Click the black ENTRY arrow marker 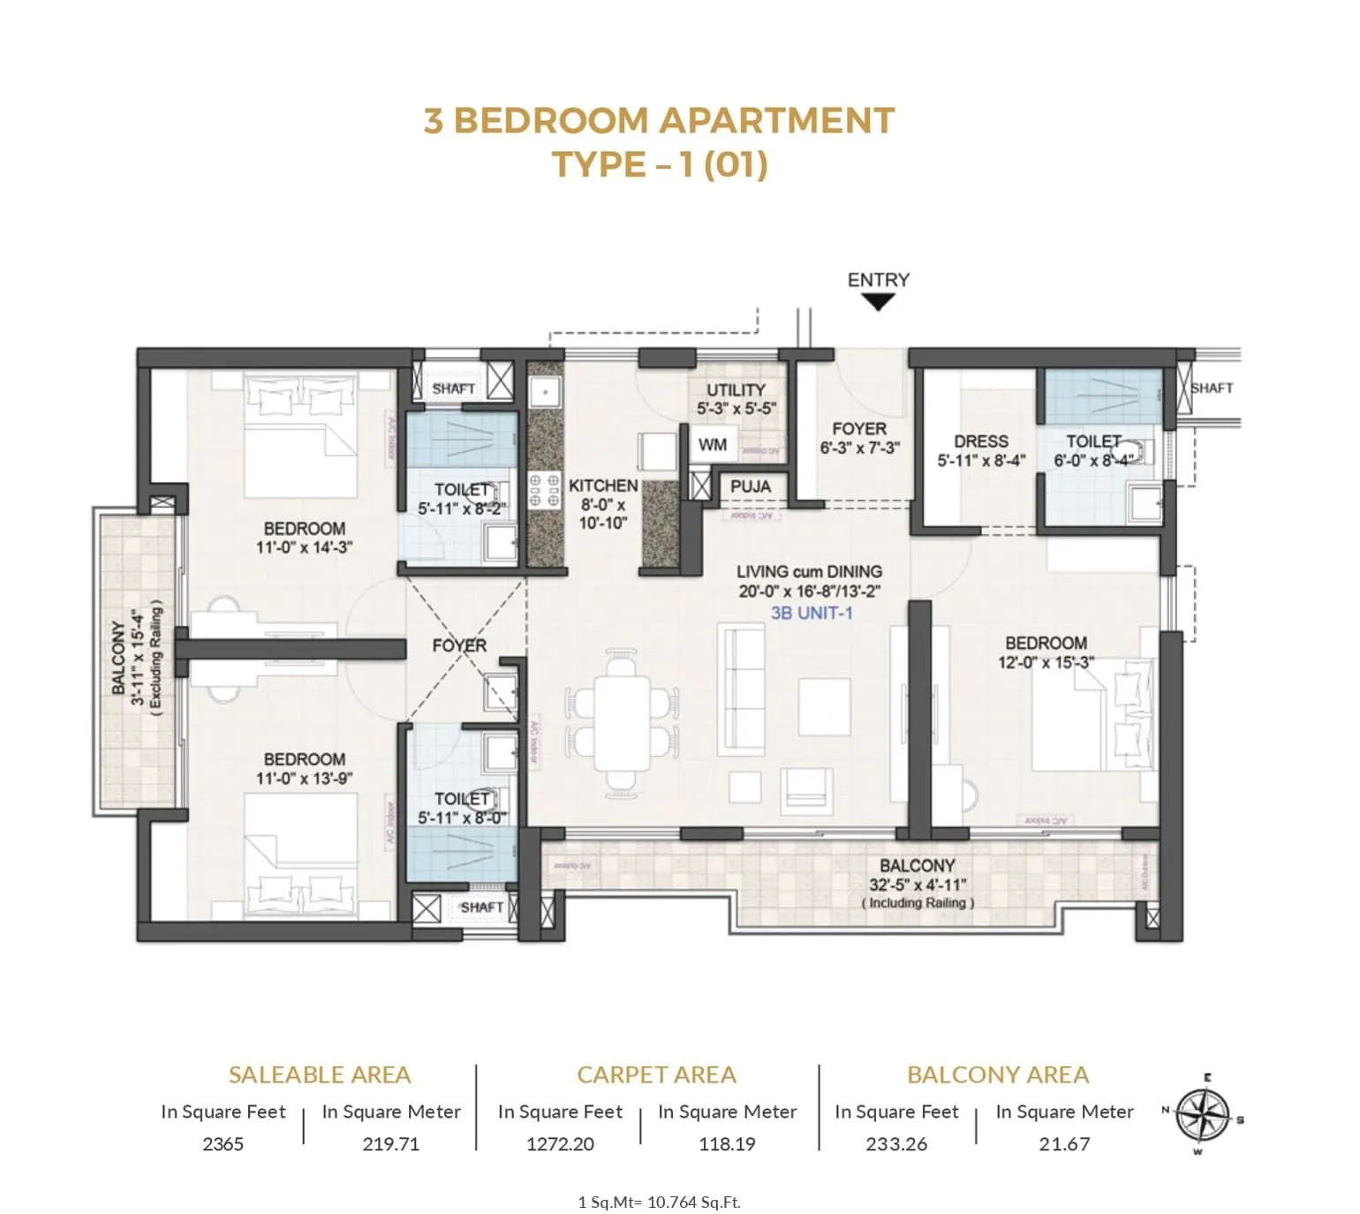click(877, 302)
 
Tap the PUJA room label click(750, 486)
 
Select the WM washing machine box click(712, 445)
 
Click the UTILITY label click(736, 389)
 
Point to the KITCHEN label click(602, 486)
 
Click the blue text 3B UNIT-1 click(812, 613)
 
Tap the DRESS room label click(980, 441)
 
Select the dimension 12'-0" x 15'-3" click(1046, 662)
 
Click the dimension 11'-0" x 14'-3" click(304, 547)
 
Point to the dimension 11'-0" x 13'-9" click(304, 779)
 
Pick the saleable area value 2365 click(223, 1143)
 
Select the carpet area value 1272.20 click(560, 1143)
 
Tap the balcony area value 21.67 click(1064, 1143)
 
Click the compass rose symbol click(1202, 1113)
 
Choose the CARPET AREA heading click(656, 1075)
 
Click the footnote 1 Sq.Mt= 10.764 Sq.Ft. click(659, 1202)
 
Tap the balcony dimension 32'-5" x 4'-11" click(918, 885)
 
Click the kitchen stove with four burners click(544, 490)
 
